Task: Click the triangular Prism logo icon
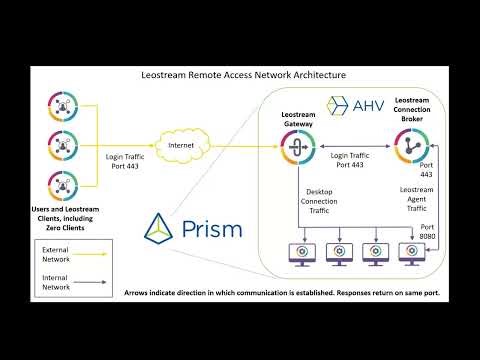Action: [162, 229]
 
